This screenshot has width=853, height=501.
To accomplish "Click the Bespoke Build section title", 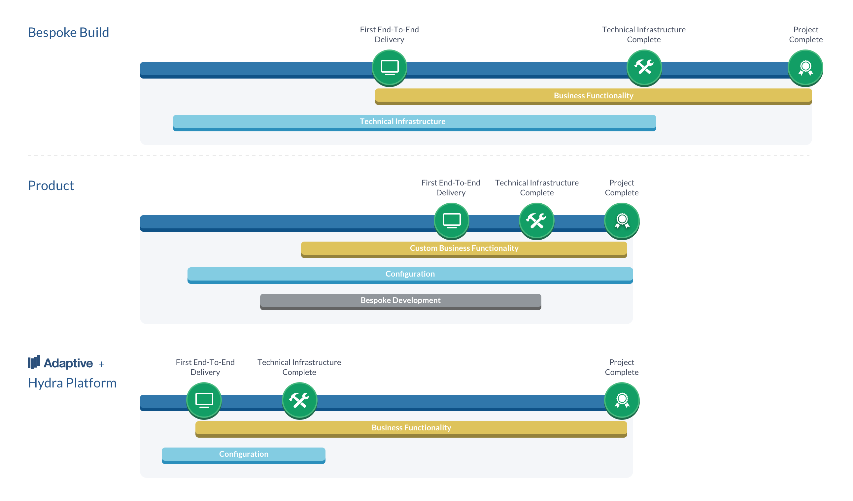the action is coord(68,32).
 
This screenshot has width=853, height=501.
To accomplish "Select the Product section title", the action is coord(51,185).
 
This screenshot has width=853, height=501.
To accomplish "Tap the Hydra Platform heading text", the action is coord(72,383).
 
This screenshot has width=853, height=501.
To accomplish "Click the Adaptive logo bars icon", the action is coord(34,362).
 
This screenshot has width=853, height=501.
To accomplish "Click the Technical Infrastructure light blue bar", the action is coord(415,123).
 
